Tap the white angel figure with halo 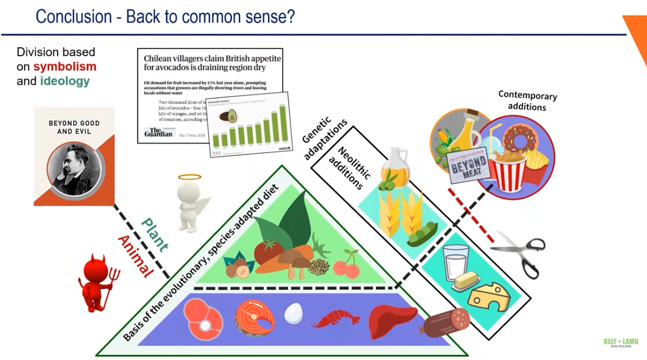coord(190,202)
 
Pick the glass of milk coord(456,261)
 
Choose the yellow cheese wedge coord(489,296)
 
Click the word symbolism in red coord(65,67)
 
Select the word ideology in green coord(65,82)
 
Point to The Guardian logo coord(158,133)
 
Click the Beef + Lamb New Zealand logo coord(620,343)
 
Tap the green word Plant coord(154,234)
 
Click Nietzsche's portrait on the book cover coord(74,169)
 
